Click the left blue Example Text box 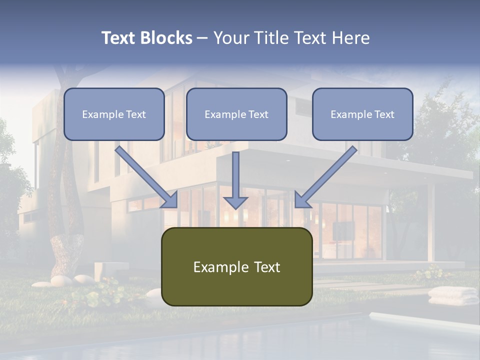[114, 114]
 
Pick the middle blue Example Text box [236, 114]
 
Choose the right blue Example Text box [362, 114]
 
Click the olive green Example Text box [236, 266]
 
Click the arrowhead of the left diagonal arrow [170, 200]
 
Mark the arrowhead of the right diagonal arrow [302, 200]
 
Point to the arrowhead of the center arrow [235, 202]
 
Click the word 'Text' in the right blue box [384, 114]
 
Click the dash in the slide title [202, 38]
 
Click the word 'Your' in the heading [231, 38]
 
